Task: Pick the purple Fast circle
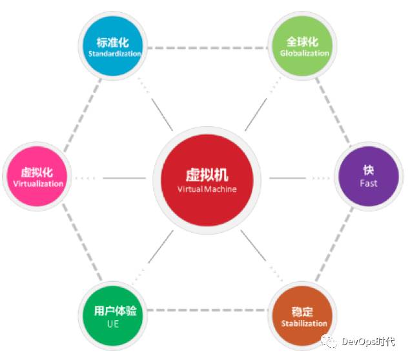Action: (x=369, y=176)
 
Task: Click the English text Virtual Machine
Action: (x=207, y=190)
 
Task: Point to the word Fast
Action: (x=369, y=183)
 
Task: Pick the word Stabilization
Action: (x=304, y=323)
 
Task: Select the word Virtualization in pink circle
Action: (x=38, y=183)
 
